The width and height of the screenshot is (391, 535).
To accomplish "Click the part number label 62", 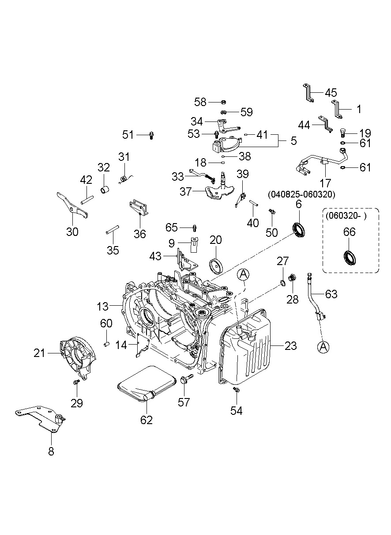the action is [146, 420].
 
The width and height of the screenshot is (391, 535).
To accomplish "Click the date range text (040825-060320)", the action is [301, 194].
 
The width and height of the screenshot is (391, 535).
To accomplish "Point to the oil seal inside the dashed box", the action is [350, 258].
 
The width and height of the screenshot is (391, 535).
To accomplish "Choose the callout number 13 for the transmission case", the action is [102, 307].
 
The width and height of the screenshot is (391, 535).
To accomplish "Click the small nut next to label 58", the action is [223, 102].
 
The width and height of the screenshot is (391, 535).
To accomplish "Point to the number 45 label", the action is [331, 93].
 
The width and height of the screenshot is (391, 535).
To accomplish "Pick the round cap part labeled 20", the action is [216, 266].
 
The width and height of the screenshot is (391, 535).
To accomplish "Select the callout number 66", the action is [349, 232].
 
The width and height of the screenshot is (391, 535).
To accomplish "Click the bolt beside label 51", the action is [151, 136].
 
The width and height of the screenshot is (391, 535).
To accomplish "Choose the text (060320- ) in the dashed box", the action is [346, 216].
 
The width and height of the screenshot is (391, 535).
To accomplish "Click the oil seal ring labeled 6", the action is [299, 230].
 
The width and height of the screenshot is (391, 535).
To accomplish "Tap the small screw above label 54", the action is [236, 390].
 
